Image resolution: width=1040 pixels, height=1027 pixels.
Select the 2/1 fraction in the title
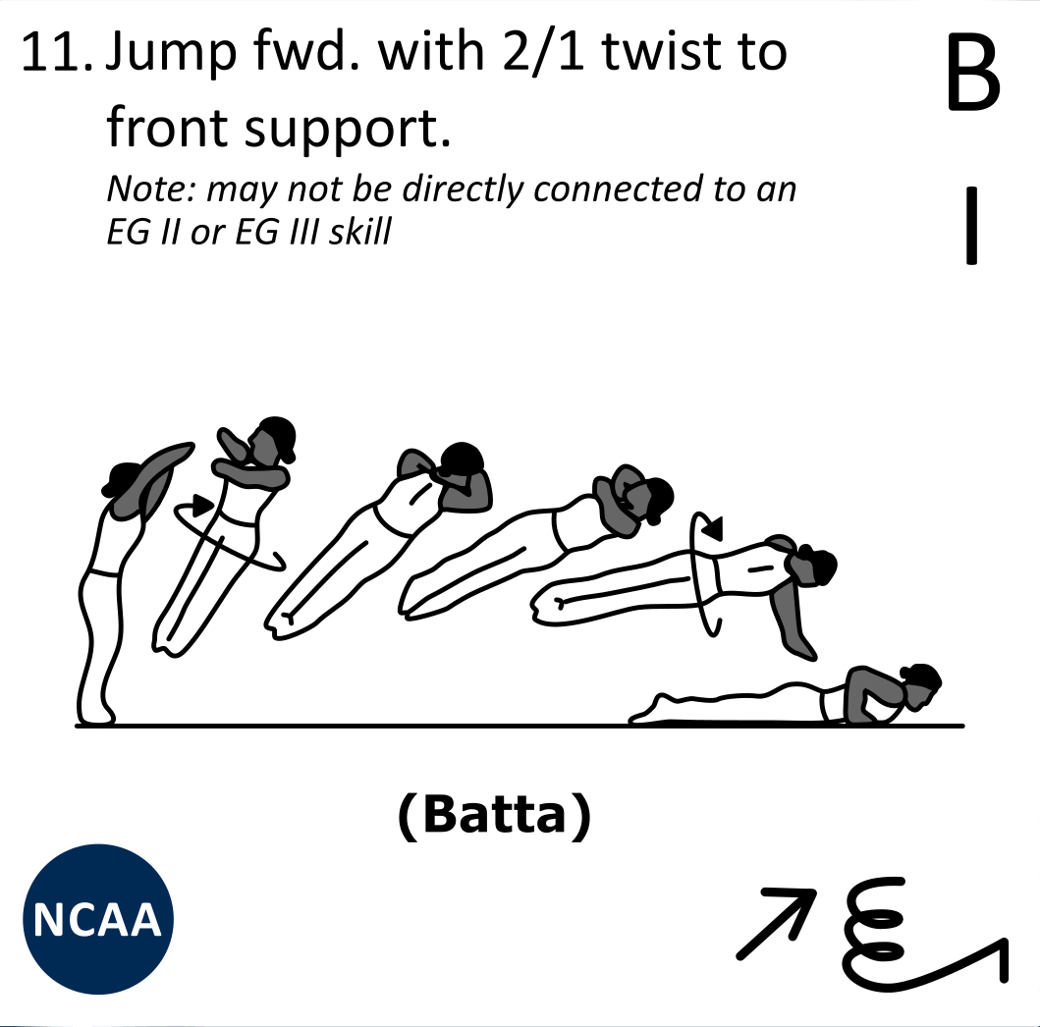[544, 52]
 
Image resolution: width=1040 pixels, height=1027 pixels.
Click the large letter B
[973, 73]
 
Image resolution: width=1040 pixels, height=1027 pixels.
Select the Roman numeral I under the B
[971, 226]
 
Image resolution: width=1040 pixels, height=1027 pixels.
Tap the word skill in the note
[361, 232]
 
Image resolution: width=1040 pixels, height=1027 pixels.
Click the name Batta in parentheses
[494, 816]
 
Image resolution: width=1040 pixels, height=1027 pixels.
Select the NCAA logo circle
[98, 919]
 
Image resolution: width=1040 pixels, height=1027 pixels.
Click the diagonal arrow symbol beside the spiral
[776, 923]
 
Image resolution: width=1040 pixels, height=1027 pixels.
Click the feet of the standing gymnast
[97, 715]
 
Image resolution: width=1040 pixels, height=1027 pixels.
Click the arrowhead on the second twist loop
[714, 528]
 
